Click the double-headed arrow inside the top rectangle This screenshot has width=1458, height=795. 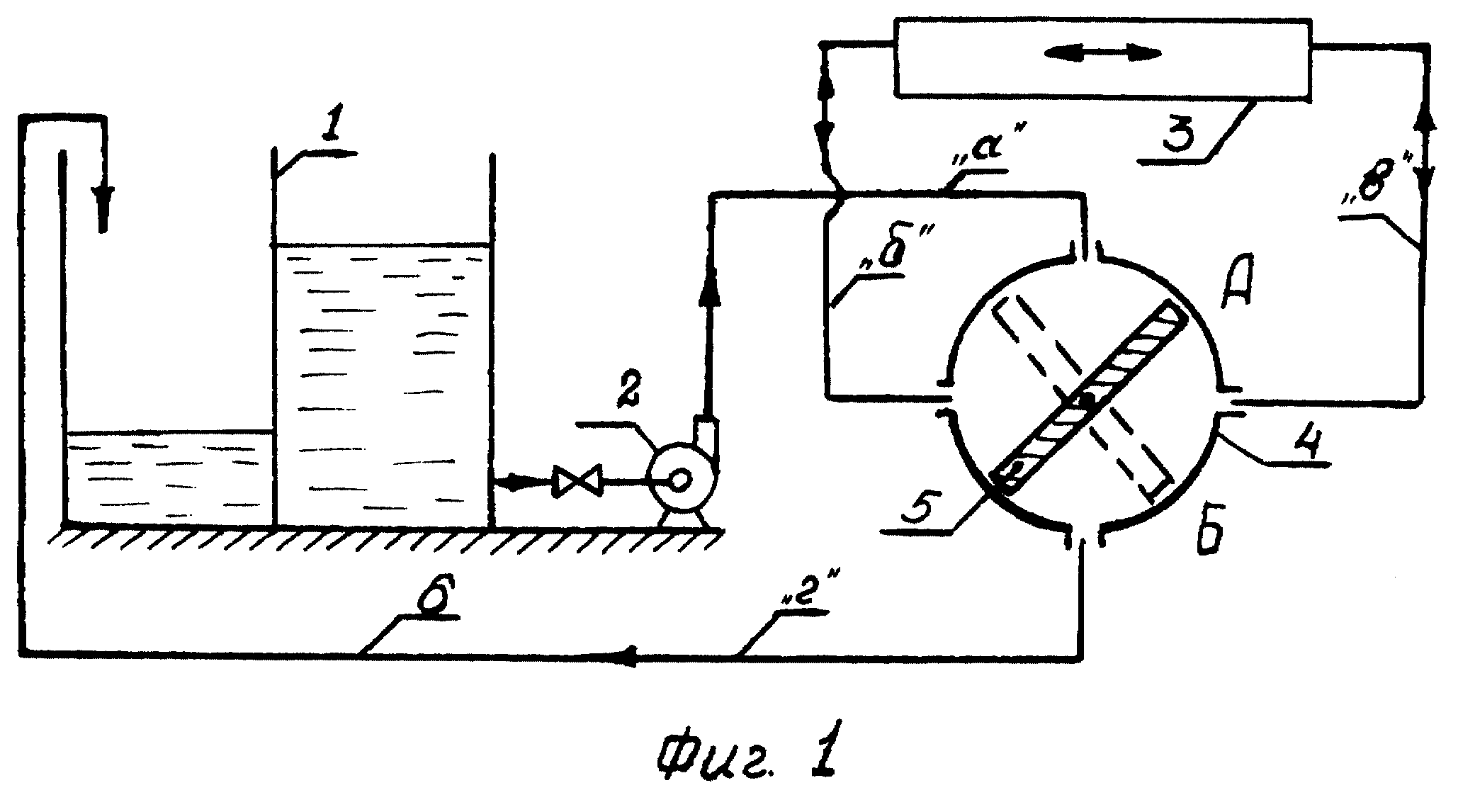point(1105,52)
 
